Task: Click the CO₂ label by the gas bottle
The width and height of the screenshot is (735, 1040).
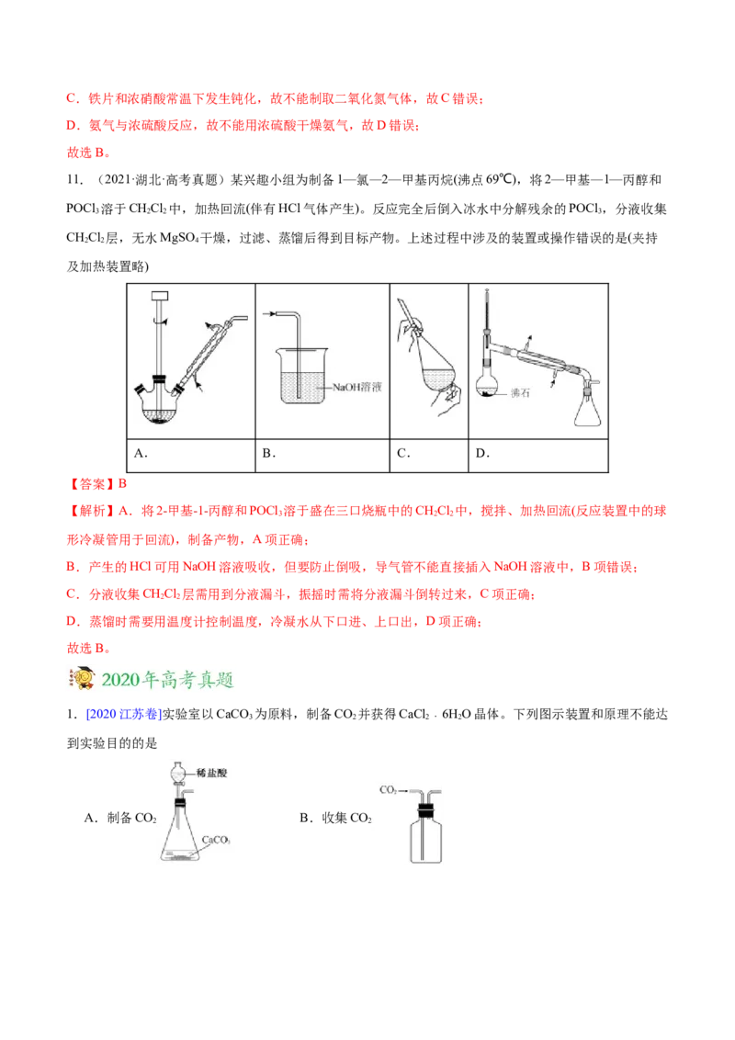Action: [x=387, y=789]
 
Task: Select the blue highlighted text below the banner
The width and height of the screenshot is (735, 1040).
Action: [x=122, y=713]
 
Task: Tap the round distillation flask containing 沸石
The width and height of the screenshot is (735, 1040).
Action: [x=488, y=387]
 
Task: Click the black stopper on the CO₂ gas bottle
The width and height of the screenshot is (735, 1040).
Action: [x=424, y=810]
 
